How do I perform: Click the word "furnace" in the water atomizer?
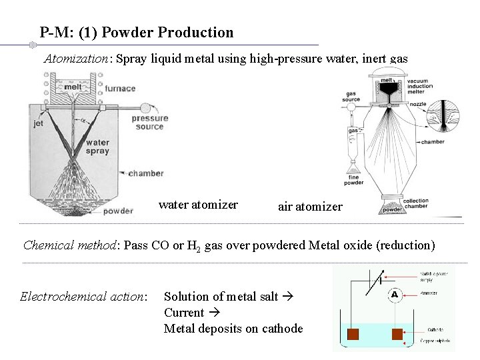pyautogui.click(x=119, y=89)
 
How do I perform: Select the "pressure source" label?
pyautogui.click(x=149, y=123)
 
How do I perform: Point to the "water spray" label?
pyautogui.click(x=97, y=147)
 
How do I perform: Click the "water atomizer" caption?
pyautogui.click(x=198, y=205)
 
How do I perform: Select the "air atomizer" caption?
pyautogui.click(x=310, y=207)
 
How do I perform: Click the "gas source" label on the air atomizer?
pyautogui.click(x=351, y=96)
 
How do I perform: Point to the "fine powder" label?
pyautogui.click(x=354, y=179)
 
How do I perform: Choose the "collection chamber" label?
pyautogui.click(x=416, y=204)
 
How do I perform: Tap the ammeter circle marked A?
pyautogui.click(x=394, y=294)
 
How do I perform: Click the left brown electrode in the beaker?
pyautogui.click(x=353, y=334)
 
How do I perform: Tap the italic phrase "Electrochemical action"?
pyautogui.click(x=83, y=296)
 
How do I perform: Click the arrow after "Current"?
pyautogui.click(x=214, y=313)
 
